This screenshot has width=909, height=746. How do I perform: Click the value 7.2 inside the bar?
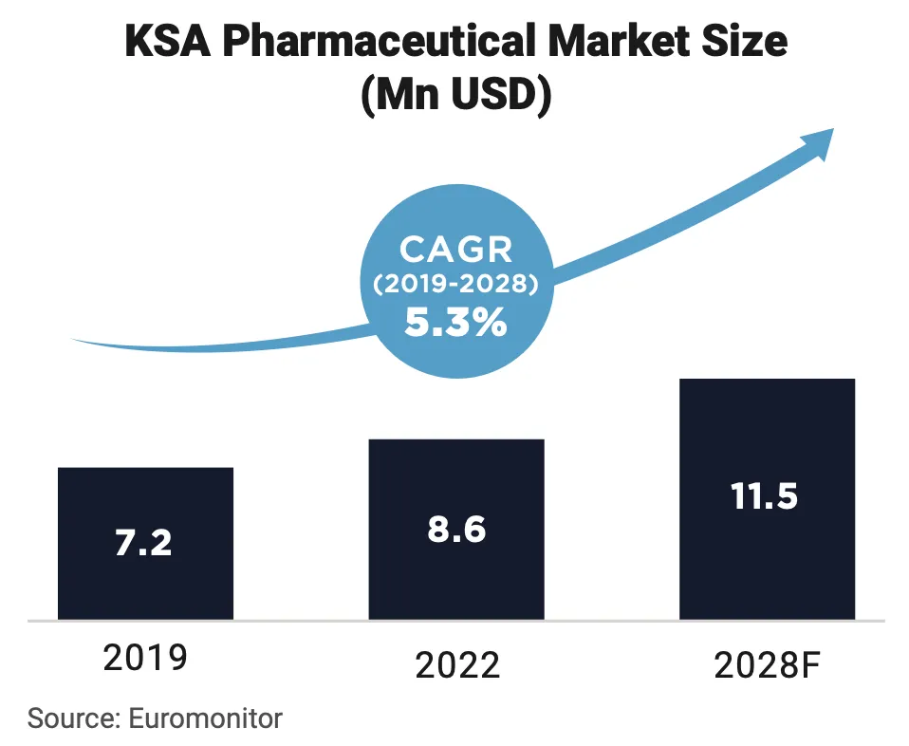point(144,543)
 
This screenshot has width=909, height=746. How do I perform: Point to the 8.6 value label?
point(456,529)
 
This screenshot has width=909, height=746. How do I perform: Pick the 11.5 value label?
point(765,496)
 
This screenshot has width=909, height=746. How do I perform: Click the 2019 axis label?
point(145,658)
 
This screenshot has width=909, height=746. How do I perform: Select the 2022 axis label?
point(457,664)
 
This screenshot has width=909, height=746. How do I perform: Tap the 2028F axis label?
point(767,666)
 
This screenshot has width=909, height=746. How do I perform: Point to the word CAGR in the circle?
point(455,250)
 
